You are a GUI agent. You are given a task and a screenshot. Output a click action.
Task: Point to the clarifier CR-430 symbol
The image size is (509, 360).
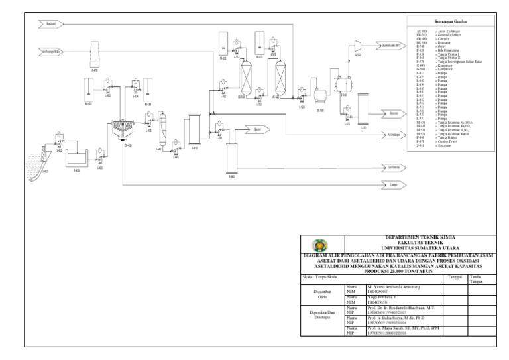click(120, 131)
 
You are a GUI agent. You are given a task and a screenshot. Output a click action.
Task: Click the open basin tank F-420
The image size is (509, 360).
click(78, 160)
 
